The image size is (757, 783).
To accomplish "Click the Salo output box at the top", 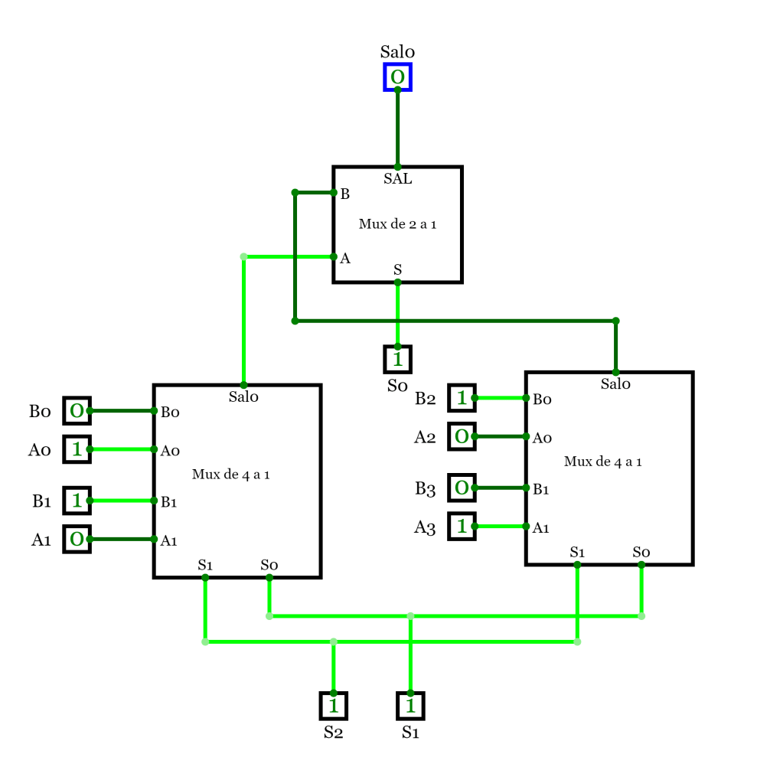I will tap(397, 77).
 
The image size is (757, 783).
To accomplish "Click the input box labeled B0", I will tap(77, 411).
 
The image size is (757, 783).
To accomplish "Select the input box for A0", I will tap(77, 449).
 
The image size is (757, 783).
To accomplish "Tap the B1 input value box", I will tap(77, 501).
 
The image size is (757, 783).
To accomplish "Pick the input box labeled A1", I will tap(77, 539).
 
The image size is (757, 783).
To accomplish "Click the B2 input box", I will tap(462, 398).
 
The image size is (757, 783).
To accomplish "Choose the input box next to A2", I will tap(462, 436).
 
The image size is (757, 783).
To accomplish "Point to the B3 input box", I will tap(462, 488).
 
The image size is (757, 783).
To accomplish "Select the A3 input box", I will tap(462, 526).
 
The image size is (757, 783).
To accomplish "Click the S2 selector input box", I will tap(333, 705).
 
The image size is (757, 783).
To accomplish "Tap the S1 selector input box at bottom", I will tap(410, 705).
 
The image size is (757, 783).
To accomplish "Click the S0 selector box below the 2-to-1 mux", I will tap(397, 358).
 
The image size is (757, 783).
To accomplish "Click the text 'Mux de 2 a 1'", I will tap(397, 224).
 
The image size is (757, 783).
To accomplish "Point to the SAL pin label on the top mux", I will tap(397, 179).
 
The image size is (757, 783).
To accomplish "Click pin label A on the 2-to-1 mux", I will tap(345, 258).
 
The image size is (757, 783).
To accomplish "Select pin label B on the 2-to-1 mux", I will tap(345, 194).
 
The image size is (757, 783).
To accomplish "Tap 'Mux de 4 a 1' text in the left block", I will tap(230, 475).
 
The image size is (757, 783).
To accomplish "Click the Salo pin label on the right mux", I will tap(615, 384).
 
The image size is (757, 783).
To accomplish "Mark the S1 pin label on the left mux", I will tap(204, 565).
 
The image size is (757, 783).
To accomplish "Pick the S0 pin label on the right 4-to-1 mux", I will tap(641, 552).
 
